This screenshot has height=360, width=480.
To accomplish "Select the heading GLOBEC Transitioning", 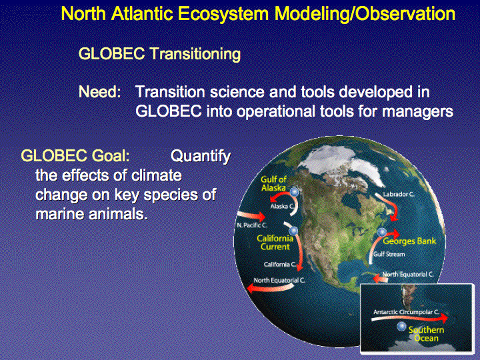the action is pyautogui.click(x=159, y=54).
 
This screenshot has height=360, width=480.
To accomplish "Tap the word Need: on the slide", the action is pyautogui.click(x=100, y=92).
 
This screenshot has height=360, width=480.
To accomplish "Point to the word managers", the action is pyautogui.click(x=417, y=111).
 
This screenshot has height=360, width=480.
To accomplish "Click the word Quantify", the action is pyautogui.click(x=201, y=156).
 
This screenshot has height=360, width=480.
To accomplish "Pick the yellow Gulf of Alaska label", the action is pyautogui.click(x=273, y=183).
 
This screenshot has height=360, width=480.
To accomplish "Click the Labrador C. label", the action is pyautogui.click(x=399, y=194).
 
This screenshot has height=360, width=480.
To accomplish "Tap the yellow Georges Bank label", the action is pyautogui.click(x=409, y=241).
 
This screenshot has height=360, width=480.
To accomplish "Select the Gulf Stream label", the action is pyautogui.click(x=389, y=254).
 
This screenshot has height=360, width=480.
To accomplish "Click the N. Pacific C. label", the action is pyautogui.click(x=251, y=225).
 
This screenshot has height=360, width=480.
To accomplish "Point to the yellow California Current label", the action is pyautogui.click(x=275, y=243).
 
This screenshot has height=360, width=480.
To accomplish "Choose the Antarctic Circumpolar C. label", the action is pyautogui.click(x=406, y=312).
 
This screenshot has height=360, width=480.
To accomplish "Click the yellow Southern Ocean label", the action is pyautogui.click(x=426, y=334).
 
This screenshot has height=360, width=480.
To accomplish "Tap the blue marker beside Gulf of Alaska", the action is pyautogui.click(x=294, y=192).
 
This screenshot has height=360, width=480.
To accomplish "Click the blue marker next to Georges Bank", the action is pyautogui.click(x=381, y=233).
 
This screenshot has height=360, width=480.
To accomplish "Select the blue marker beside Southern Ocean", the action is pyautogui.click(x=401, y=326).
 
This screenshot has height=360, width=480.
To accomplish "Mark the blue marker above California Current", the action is pyautogui.click(x=293, y=231).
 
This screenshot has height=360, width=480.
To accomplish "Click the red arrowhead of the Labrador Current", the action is pyautogui.click(x=395, y=217).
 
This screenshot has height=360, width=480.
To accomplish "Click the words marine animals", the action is pyautogui.click(x=91, y=214).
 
